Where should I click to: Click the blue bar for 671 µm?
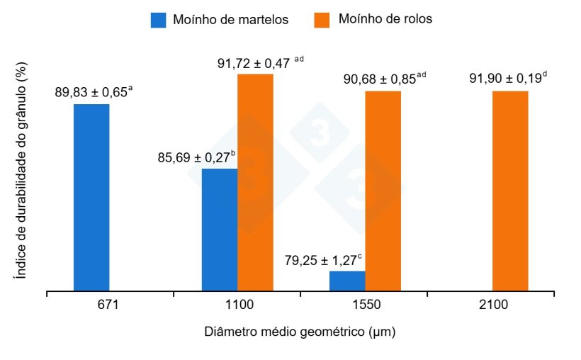click(x=91, y=197)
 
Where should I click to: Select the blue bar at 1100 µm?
click(x=219, y=229)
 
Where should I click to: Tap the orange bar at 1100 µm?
click(x=255, y=181)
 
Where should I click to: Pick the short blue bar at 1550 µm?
click(x=347, y=281)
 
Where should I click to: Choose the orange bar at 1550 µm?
click(x=383, y=190)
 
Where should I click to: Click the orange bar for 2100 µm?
click(x=510, y=190)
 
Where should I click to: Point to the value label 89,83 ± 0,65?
click(x=91, y=93)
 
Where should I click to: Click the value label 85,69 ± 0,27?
click(x=193, y=157)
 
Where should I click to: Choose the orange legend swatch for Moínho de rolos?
click(x=322, y=20)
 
